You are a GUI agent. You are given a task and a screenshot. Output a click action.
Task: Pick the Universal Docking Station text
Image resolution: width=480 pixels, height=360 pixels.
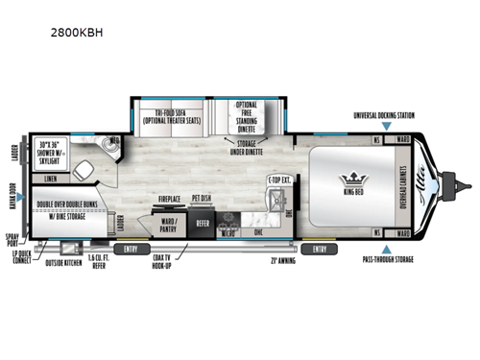point(384,115)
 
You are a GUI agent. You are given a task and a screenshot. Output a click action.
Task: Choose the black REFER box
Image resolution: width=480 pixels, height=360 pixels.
point(203,223)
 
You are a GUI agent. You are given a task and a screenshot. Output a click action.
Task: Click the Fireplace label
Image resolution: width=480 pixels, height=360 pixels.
point(170,199)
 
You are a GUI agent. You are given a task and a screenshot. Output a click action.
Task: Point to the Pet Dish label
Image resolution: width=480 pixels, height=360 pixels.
point(201,200)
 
